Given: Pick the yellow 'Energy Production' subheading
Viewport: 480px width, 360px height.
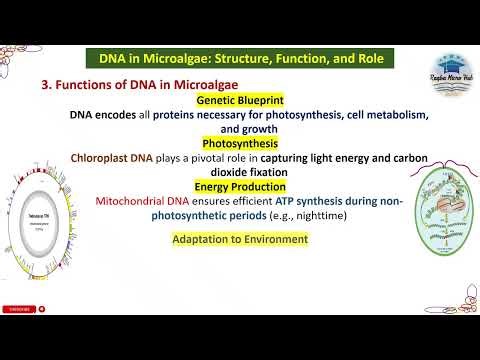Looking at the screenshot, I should (241, 186).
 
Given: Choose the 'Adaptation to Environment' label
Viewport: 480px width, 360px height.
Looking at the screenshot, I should (240, 239).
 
